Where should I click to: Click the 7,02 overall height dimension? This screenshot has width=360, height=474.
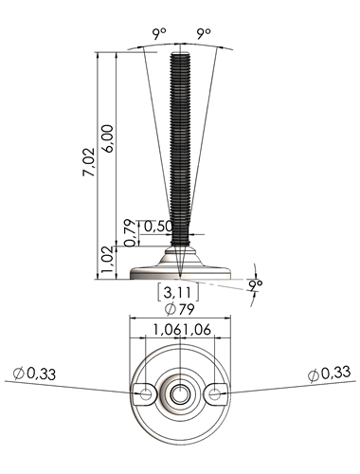[x=89, y=161]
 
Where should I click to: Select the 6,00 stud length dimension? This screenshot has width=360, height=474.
[x=108, y=138]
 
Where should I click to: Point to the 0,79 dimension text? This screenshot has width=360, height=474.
[x=130, y=233]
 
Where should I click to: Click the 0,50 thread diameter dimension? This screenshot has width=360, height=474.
[x=158, y=227]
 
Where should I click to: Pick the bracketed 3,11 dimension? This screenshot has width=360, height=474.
[x=178, y=292]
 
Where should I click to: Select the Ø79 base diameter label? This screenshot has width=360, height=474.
[x=179, y=309]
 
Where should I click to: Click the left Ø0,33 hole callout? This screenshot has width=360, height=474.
[x=34, y=374]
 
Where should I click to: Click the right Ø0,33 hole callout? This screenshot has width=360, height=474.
[x=329, y=374]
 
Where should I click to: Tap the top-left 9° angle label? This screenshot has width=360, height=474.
[x=159, y=34]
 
